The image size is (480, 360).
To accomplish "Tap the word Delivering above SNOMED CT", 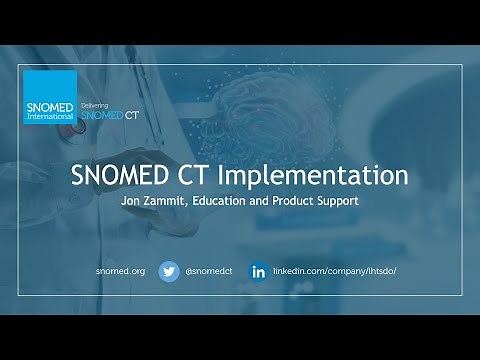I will [93, 103].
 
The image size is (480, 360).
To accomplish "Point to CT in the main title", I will [226, 174].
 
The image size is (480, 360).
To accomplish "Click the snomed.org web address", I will [121, 271].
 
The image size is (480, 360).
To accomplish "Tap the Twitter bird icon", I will [168, 271].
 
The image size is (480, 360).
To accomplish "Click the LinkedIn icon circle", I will [258, 271].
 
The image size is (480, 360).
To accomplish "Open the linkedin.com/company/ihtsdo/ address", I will [328, 271].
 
